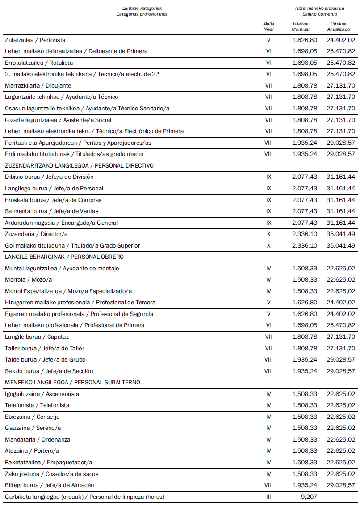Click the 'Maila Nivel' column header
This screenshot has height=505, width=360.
coord(268,26)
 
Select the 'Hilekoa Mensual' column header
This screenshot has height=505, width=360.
coord(300,26)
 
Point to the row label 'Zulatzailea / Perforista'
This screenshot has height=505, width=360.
coord(35,40)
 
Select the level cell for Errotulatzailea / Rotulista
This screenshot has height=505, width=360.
coord(268,63)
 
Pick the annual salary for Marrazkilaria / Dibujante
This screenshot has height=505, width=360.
coord(341,85)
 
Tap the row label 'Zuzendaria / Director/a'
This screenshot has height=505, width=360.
coord(36,234)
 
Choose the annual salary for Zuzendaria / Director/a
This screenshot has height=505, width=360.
coord(341,234)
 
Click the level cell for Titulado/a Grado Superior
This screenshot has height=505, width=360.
coord(268,245)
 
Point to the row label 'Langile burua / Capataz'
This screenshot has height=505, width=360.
coord(37,337)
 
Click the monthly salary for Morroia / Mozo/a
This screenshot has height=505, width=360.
coord(305,279)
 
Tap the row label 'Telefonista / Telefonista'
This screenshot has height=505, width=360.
coord(37,405)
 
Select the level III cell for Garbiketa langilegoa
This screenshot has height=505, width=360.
coord(268,497)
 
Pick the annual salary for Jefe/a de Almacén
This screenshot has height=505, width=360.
coord(341,485)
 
